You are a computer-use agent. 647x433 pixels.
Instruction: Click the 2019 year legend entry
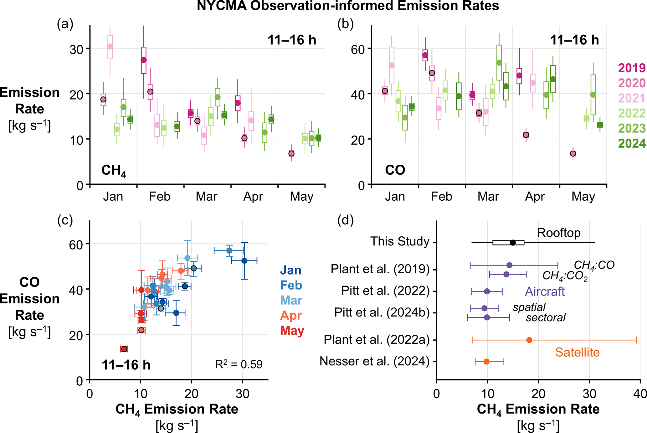pos(632,68)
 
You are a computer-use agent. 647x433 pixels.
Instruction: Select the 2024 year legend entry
pos(632,143)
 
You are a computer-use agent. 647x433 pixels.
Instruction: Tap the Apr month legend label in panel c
pos(291,315)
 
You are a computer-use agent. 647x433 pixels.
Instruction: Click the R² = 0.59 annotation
pos(239,364)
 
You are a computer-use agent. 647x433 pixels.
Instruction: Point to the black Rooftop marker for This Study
pos(513,243)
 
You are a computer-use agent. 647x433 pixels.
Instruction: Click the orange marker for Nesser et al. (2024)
pos(486,362)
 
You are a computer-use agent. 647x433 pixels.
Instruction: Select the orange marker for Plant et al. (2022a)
pos(529,340)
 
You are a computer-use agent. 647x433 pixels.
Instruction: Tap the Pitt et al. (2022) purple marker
pos(487,291)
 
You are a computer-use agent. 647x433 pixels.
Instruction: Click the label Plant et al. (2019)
pos(380,269)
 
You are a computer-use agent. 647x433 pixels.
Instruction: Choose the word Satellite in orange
pos(578,352)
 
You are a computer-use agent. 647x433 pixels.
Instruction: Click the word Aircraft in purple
pos(545,291)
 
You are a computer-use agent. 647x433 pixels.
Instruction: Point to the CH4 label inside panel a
pos(114,171)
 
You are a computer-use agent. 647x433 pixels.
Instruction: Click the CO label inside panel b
pos(395,170)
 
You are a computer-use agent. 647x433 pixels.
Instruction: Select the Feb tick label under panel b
pos(441,197)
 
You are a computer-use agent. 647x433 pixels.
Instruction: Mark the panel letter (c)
pos(65,220)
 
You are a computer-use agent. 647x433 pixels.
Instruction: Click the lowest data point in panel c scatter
pos(124,349)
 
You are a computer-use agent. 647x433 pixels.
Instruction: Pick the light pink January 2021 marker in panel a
pos(110,46)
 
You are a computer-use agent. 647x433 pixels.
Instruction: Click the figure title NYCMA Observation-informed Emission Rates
pos(348,6)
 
